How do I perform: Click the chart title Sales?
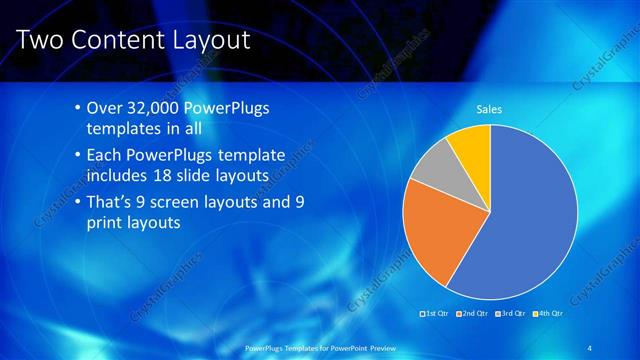click(489, 109)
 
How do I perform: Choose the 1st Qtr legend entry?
click(436, 314)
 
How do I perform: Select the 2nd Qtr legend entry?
click(474, 314)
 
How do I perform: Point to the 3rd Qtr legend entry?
click(512, 314)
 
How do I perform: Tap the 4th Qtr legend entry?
click(549, 314)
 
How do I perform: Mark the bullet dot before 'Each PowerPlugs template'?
click(78, 156)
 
